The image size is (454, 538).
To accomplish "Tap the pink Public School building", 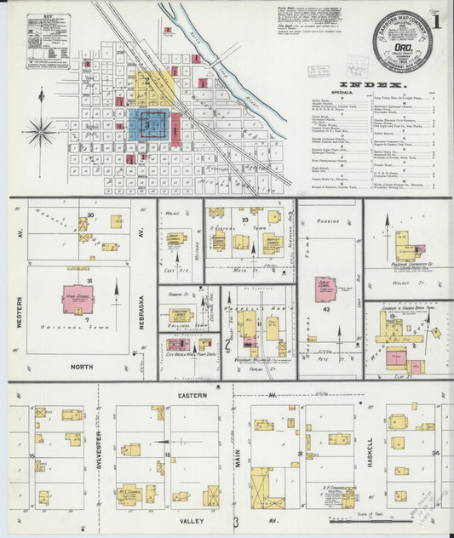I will click(x=325, y=289).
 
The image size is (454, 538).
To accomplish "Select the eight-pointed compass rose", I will click(x=40, y=131).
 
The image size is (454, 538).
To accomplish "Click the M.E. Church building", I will click(x=129, y=495).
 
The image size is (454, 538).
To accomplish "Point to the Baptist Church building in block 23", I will click(x=271, y=244).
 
